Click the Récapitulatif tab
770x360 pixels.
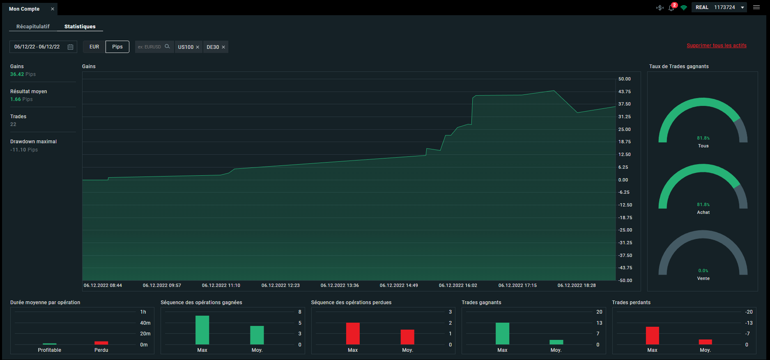click(x=33, y=26)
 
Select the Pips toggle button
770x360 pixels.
click(x=117, y=47)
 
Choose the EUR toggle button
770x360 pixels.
click(x=94, y=47)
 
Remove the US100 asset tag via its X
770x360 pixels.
click(x=198, y=47)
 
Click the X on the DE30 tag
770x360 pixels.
click(x=223, y=47)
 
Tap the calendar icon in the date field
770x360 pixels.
click(x=70, y=47)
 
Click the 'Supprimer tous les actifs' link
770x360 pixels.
click(x=717, y=46)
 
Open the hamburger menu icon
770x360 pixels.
click(x=756, y=7)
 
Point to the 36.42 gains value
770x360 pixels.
click(x=17, y=74)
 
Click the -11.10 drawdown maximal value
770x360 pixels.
click(x=18, y=150)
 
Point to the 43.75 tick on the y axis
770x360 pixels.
click(x=625, y=92)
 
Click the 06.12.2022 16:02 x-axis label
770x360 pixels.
click(x=458, y=285)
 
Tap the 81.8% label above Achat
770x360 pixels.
click(x=703, y=204)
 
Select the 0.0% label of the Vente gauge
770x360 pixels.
click(x=703, y=271)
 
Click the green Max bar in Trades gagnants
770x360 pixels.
click(x=502, y=333)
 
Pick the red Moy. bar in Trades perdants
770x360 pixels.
click(x=705, y=342)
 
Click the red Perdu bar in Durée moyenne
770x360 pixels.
click(x=101, y=343)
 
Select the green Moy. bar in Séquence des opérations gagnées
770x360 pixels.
click(x=257, y=335)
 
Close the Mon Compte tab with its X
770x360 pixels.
click(x=53, y=9)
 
